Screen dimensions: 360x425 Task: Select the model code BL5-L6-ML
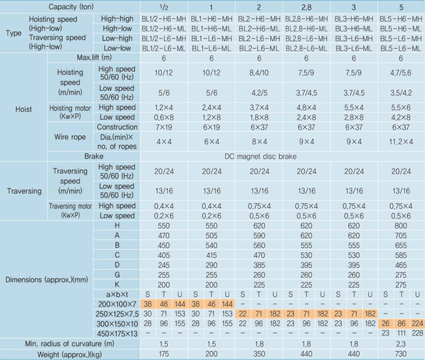400,47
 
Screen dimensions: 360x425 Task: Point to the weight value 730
400,354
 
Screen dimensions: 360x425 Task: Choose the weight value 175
163,354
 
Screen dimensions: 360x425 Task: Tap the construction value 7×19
163,127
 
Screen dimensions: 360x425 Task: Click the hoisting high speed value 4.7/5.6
400,72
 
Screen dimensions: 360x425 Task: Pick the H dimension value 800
400,225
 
